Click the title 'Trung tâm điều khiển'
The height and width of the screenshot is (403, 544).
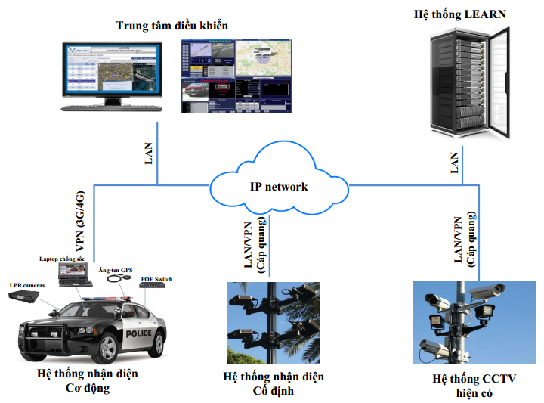[x=172, y=26]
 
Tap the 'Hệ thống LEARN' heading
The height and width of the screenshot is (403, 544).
[x=460, y=14]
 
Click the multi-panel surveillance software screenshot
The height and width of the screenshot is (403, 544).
[x=236, y=76]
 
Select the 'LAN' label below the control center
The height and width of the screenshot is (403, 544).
[x=148, y=153]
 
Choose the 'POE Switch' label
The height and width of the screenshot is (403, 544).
[x=156, y=279]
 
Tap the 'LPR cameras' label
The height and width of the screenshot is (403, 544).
[x=27, y=285]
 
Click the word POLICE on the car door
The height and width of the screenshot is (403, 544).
[x=139, y=333]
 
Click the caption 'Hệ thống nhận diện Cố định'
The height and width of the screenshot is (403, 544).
[x=273, y=383]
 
